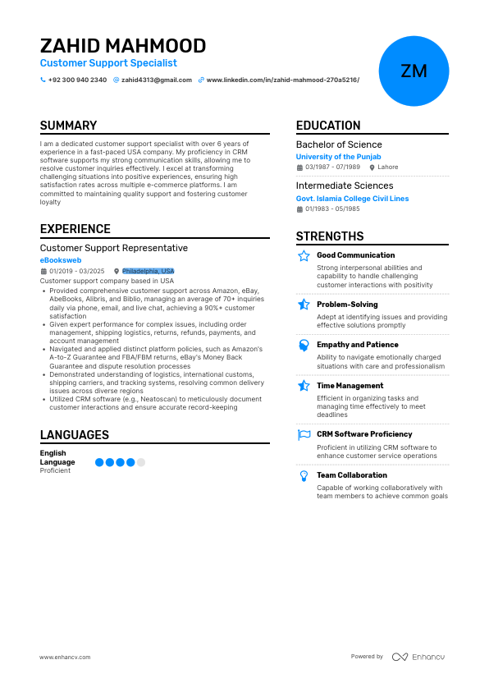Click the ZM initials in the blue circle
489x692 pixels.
(x=414, y=71)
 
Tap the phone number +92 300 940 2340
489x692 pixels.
(x=77, y=80)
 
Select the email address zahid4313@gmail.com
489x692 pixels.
(x=157, y=80)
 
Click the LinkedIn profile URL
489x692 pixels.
(x=282, y=80)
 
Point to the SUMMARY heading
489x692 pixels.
(x=68, y=126)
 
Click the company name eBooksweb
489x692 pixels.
(x=62, y=259)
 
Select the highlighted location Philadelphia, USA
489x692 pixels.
(x=148, y=271)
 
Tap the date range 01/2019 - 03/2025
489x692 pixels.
(x=76, y=271)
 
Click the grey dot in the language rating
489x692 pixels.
(x=141, y=462)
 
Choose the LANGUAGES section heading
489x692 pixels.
(x=75, y=435)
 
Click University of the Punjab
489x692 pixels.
(x=338, y=156)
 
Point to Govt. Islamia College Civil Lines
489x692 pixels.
(x=352, y=198)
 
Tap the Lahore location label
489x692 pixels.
(x=387, y=167)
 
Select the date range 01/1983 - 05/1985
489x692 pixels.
(x=332, y=209)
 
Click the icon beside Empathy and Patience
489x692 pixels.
(x=304, y=345)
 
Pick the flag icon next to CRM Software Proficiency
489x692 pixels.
(x=304, y=434)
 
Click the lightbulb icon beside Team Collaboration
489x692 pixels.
(x=304, y=475)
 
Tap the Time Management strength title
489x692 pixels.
(x=350, y=385)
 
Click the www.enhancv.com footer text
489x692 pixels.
(x=65, y=657)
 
